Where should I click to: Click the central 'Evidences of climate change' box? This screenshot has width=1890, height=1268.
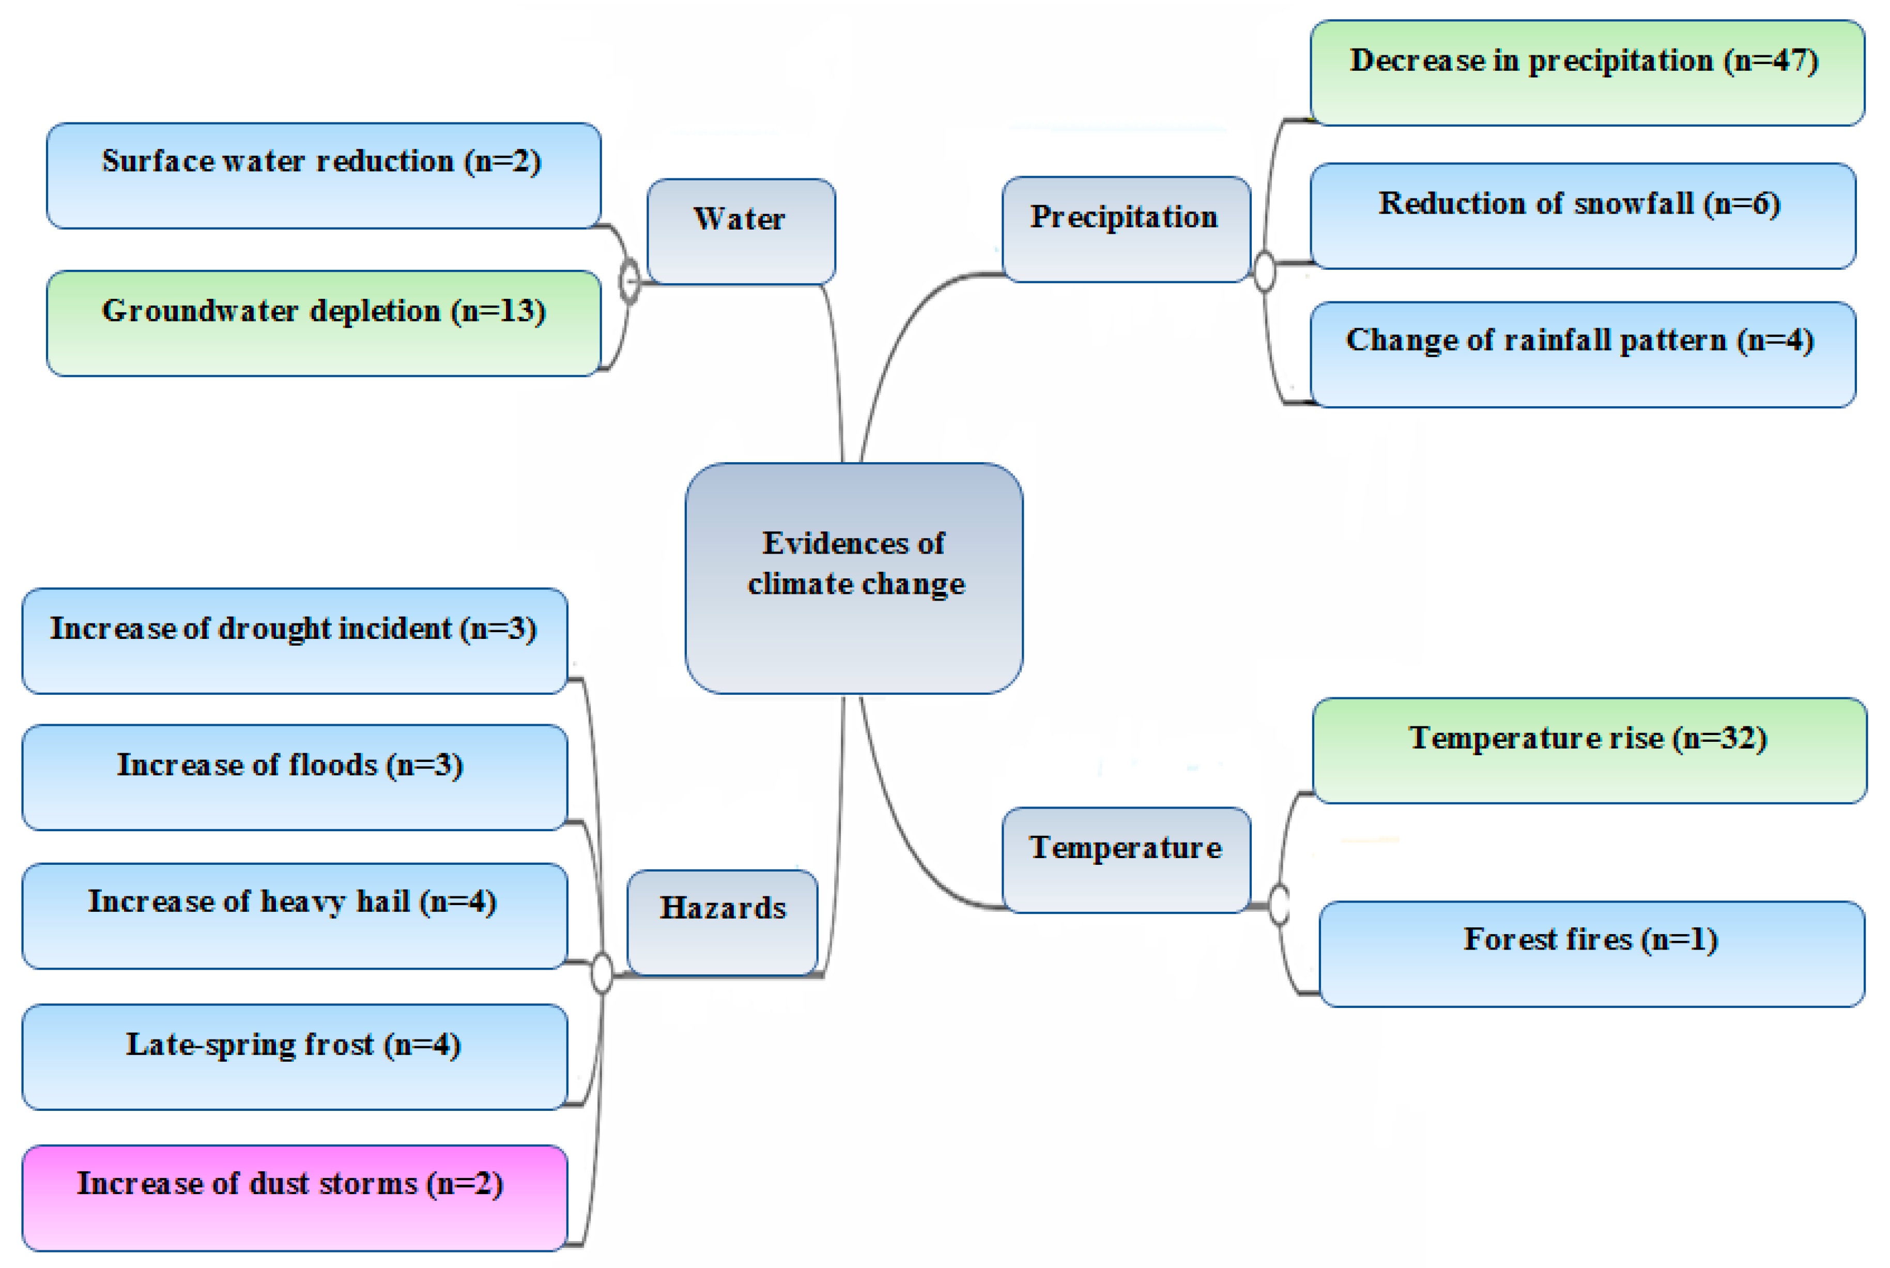(x=854, y=578)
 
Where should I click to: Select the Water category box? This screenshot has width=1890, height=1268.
(x=741, y=231)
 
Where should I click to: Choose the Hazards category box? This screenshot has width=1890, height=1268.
(x=722, y=922)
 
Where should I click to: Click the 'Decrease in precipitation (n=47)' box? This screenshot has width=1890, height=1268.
(x=1586, y=73)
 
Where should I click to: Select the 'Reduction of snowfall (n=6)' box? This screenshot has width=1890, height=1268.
(x=1582, y=216)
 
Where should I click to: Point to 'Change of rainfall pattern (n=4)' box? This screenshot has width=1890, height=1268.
(x=1582, y=354)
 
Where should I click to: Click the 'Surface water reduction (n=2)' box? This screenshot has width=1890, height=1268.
(x=324, y=175)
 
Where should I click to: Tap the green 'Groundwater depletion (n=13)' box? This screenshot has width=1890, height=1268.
(x=324, y=323)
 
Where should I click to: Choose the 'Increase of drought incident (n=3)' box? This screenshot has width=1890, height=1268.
(x=294, y=640)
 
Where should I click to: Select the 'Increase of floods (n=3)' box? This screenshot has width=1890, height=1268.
(x=294, y=777)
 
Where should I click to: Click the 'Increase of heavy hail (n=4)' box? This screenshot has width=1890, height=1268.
(x=294, y=915)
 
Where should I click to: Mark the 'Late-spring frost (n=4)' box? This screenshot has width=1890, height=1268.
(x=294, y=1057)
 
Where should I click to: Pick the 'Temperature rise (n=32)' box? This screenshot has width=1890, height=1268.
(x=1589, y=751)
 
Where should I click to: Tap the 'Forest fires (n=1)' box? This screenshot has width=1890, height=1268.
(x=1591, y=953)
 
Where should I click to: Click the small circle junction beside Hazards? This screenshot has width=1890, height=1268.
(x=602, y=973)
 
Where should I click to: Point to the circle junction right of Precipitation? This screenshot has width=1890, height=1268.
(x=1264, y=271)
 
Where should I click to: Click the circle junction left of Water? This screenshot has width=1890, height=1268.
(x=629, y=281)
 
